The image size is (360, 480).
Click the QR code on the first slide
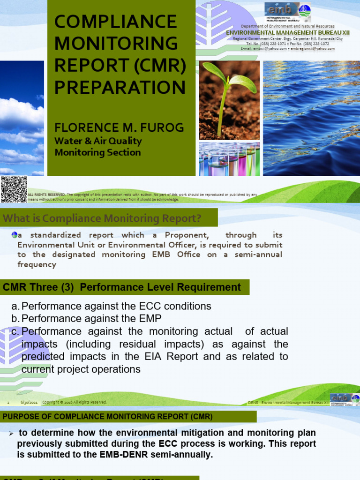14,189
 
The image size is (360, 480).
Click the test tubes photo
229,159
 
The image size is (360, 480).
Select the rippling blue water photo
311,118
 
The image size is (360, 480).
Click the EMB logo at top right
287,12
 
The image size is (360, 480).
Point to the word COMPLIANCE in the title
116,22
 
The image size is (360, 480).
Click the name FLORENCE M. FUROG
119,127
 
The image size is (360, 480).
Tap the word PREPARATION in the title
120,87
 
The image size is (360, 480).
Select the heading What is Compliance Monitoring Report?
102,218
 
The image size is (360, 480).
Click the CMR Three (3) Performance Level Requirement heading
122,287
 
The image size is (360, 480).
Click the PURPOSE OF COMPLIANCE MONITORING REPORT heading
108,416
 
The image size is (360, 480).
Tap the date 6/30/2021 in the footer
29,402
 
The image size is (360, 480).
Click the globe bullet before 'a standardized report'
14,235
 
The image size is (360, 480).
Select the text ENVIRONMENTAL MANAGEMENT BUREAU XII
288,32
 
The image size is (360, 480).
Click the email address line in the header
287,48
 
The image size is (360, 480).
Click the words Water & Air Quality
98,141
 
